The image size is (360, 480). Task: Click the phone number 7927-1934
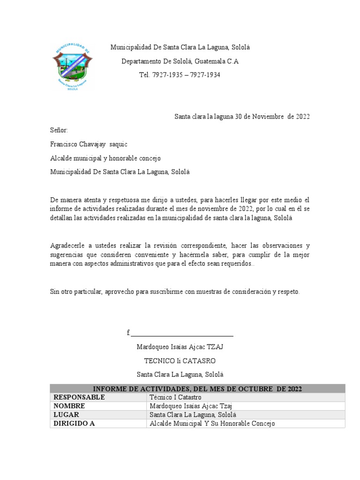pyautogui.click(x=205, y=75)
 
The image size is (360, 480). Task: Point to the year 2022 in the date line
pyautogui.click(x=302, y=117)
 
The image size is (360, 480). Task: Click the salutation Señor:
pyautogui.click(x=59, y=130)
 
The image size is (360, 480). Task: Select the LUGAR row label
pyautogui.click(x=67, y=415)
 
